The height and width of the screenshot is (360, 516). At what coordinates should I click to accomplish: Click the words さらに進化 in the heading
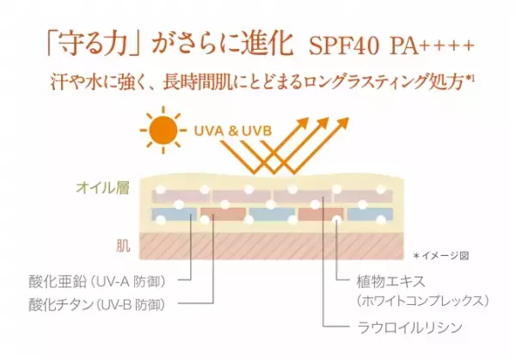coord(240,44)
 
